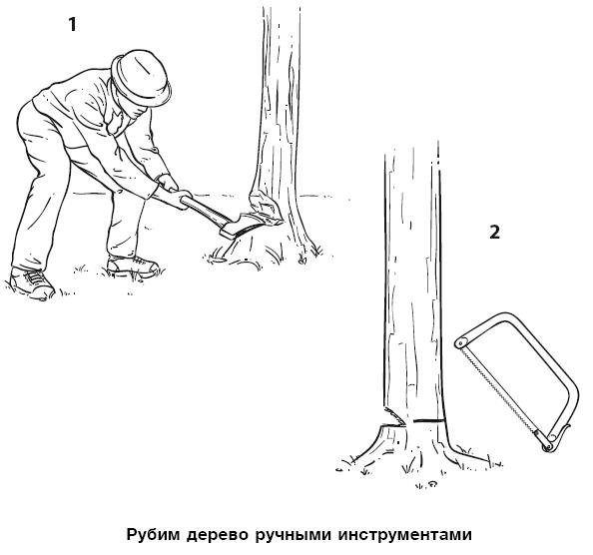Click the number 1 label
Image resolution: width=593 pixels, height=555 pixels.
tap(71, 25)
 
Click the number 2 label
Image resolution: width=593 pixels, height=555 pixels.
tap(494, 233)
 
